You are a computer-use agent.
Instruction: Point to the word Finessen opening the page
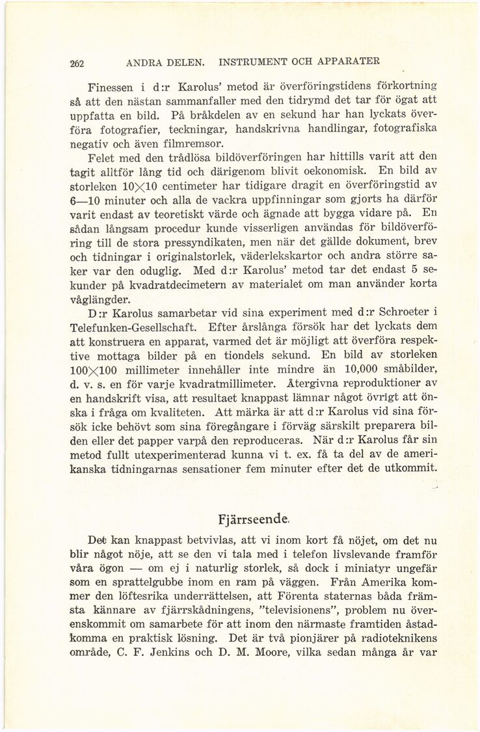[111, 87]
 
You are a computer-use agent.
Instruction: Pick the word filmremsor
[195, 142]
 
